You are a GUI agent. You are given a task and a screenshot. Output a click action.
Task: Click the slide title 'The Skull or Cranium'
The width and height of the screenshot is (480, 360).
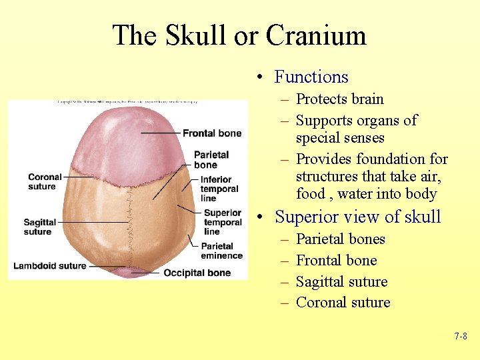point(239,35)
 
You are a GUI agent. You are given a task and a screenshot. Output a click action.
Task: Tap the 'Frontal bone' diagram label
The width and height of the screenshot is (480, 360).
point(212,133)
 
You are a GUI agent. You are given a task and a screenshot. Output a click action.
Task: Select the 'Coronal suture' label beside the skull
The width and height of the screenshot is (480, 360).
point(45,182)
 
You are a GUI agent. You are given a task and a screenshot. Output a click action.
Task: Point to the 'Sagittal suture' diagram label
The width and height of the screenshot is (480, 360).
point(40,227)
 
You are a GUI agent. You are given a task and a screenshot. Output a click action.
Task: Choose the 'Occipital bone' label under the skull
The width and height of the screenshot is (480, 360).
point(197,273)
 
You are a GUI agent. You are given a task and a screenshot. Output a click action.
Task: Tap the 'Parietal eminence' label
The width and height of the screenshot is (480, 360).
point(221,251)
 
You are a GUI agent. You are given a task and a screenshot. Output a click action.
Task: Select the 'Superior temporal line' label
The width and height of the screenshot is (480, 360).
point(223,223)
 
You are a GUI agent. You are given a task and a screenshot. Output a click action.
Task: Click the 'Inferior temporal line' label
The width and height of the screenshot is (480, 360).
point(219,189)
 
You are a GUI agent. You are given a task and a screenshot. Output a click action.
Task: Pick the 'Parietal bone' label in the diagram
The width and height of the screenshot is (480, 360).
point(211,160)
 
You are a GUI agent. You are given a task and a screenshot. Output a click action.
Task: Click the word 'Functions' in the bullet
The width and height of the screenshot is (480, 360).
point(311,77)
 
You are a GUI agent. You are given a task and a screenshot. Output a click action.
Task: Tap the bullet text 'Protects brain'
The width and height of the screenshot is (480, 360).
point(339,99)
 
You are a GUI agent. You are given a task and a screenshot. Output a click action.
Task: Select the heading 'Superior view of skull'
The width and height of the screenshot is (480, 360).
point(357,217)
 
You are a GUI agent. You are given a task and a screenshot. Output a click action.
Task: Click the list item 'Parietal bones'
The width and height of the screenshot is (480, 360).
point(340,239)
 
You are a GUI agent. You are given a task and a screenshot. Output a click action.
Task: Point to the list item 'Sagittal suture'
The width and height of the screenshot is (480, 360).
point(341,281)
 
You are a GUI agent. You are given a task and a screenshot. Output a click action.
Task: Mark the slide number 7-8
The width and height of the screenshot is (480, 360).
point(461,337)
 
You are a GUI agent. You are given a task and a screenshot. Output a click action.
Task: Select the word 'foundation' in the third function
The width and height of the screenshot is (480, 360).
point(387,159)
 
